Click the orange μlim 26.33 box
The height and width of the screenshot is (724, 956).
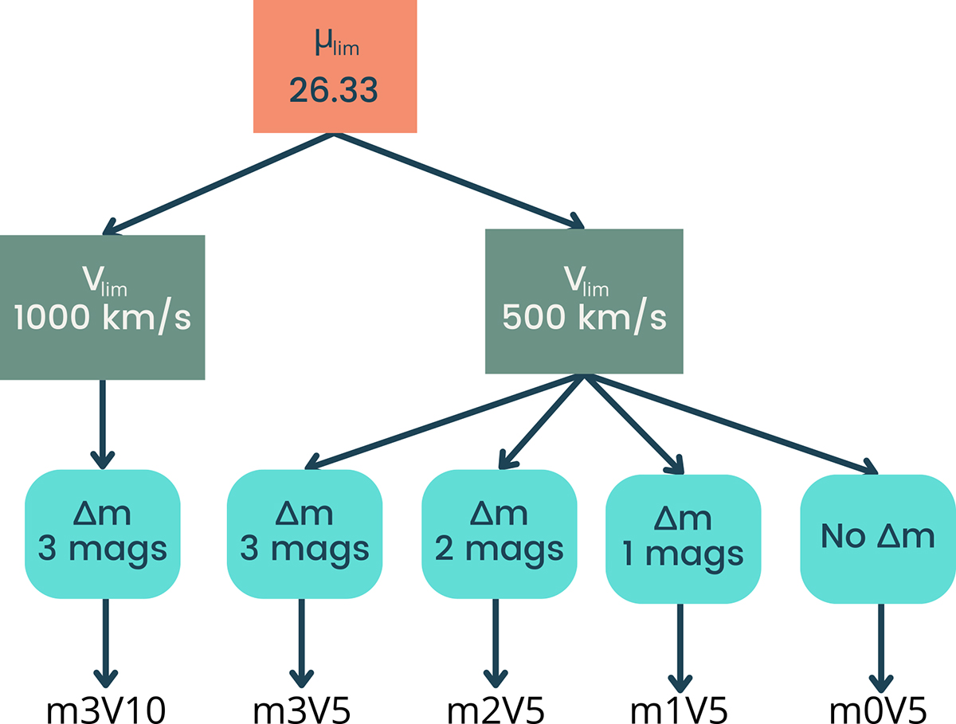pyautogui.click(x=335, y=66)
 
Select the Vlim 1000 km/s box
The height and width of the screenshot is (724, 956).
pyautogui.click(x=103, y=307)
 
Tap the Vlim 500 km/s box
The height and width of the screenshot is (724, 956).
pyautogui.click(x=584, y=301)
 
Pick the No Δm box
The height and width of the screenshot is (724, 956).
pyautogui.click(x=877, y=538)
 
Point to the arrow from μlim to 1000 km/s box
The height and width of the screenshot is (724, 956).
pyautogui.click(x=219, y=183)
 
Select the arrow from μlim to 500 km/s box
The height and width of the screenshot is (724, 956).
pyautogui.click(x=458, y=181)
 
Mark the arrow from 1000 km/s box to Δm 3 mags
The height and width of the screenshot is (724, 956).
pyautogui.click(x=103, y=422)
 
